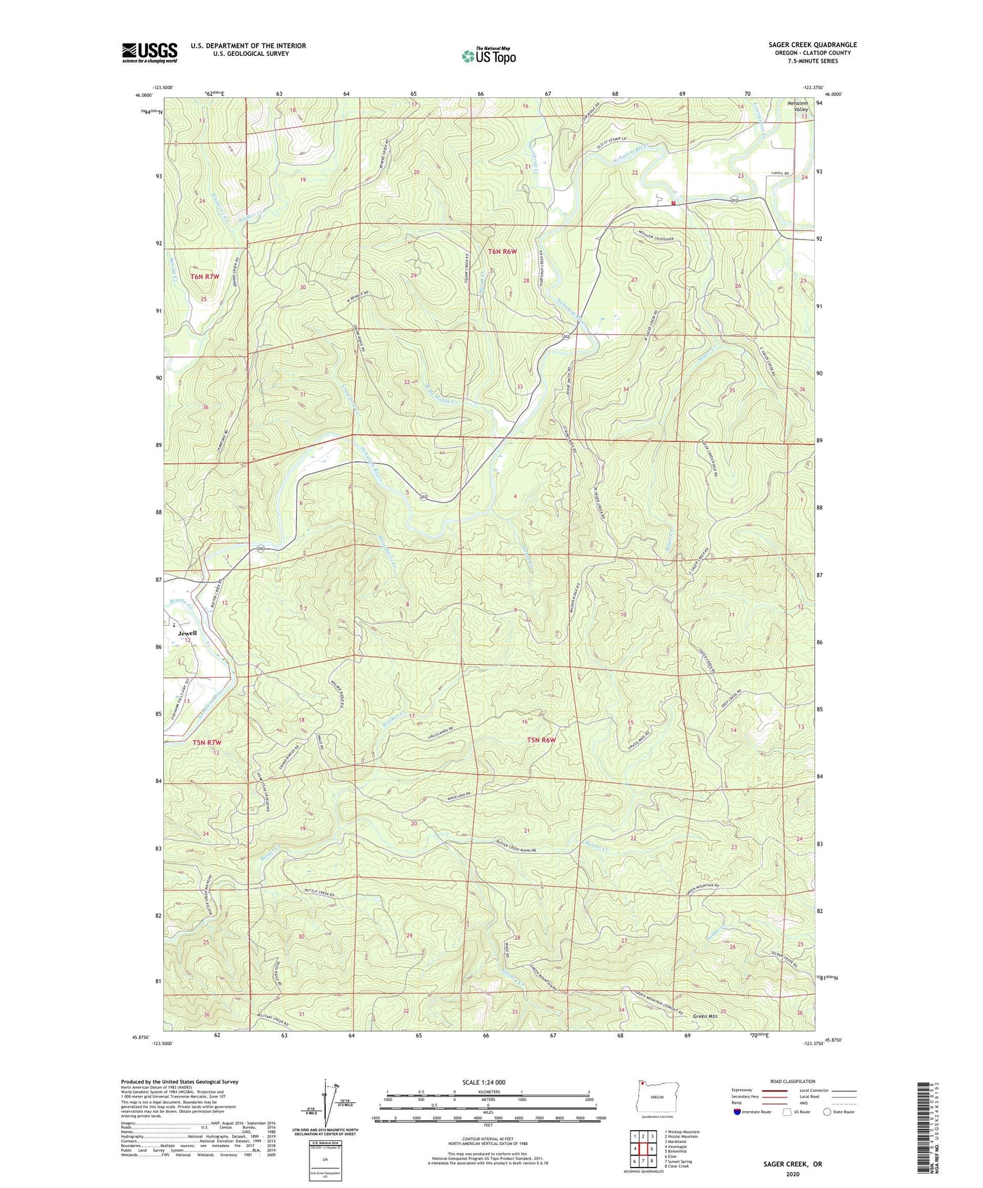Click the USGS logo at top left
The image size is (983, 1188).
click(x=149, y=52)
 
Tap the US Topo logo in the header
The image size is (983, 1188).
click(x=488, y=56)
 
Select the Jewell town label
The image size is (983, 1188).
click(x=187, y=633)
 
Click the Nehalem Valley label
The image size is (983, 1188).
click(x=797, y=106)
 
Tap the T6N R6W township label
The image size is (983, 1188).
click(x=502, y=251)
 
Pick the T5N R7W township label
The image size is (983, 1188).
click(x=207, y=742)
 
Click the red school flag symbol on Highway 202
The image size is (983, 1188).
click(x=673, y=203)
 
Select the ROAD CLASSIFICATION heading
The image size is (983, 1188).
click(x=792, y=1081)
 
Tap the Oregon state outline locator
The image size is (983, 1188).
click(x=656, y=1097)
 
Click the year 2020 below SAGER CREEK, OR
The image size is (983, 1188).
click(x=793, y=1174)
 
